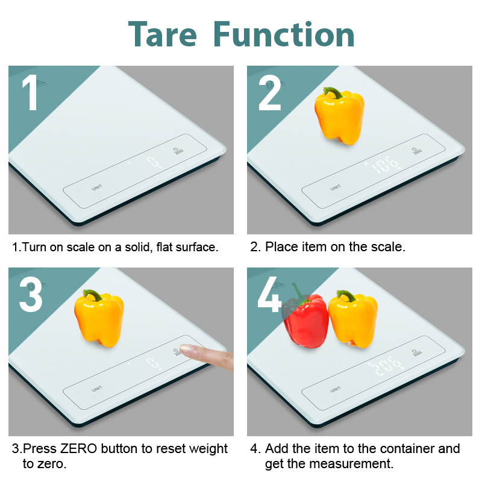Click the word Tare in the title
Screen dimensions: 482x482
[x=163, y=34]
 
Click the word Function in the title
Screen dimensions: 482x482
[x=284, y=34]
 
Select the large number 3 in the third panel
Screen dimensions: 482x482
[x=31, y=294]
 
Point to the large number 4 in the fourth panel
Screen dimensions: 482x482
[x=269, y=294]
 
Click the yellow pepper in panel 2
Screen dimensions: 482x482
[x=339, y=116]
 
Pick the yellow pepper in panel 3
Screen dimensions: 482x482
[x=99, y=318]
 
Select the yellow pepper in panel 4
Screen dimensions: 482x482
[x=353, y=319]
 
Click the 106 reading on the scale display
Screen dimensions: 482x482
[x=385, y=164]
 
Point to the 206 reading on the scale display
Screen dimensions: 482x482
[x=386, y=366]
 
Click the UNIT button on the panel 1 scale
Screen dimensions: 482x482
[x=97, y=187]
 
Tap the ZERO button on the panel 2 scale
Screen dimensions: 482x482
[x=417, y=151]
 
